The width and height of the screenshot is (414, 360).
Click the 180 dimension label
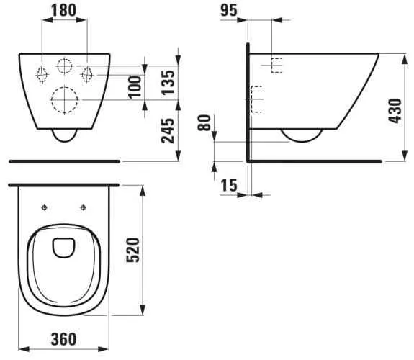click(x=63, y=10)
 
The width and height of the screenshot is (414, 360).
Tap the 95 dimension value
click(x=229, y=10)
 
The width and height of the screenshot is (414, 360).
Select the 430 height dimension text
click(x=395, y=111)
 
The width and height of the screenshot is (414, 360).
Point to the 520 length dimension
click(x=132, y=250)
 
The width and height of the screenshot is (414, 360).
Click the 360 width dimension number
click(x=63, y=339)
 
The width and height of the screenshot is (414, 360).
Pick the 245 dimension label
click(x=168, y=131)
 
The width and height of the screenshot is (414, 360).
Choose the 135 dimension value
click(x=168, y=82)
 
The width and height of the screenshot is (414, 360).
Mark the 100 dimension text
click(x=135, y=87)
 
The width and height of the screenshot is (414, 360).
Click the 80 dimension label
click(x=204, y=123)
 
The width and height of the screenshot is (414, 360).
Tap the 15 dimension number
click(x=229, y=185)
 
